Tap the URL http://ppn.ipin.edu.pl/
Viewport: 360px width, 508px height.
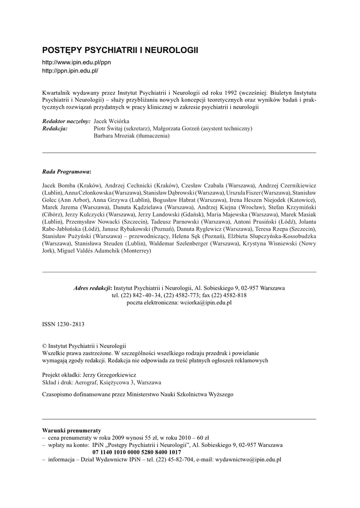[x=70, y=71]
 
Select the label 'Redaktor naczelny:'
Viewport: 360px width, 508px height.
[x=66, y=121]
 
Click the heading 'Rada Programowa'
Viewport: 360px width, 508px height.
[x=66, y=172]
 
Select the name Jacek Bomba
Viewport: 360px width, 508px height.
[x=59, y=185]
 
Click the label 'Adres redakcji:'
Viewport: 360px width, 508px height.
[x=92, y=288]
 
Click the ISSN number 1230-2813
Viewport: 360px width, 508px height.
[x=70, y=324]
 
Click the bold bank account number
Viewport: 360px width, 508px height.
[x=137, y=452]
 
